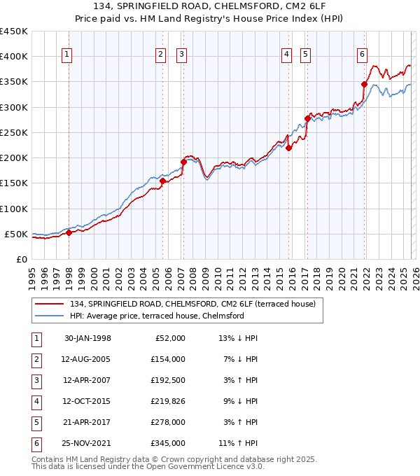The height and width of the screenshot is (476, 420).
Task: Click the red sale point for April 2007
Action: (x=183, y=162)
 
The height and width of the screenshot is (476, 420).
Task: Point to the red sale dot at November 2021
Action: (x=365, y=84)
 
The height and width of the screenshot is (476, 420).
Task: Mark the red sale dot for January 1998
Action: (x=69, y=233)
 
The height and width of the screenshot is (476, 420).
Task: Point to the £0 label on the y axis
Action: (x=21, y=259)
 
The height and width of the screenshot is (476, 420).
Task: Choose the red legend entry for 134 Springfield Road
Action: (x=192, y=304)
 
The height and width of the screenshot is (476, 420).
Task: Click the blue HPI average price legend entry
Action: (x=156, y=316)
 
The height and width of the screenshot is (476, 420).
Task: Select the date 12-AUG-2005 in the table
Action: (x=87, y=359)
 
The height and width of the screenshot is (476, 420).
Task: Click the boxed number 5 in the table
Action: (x=34, y=422)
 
